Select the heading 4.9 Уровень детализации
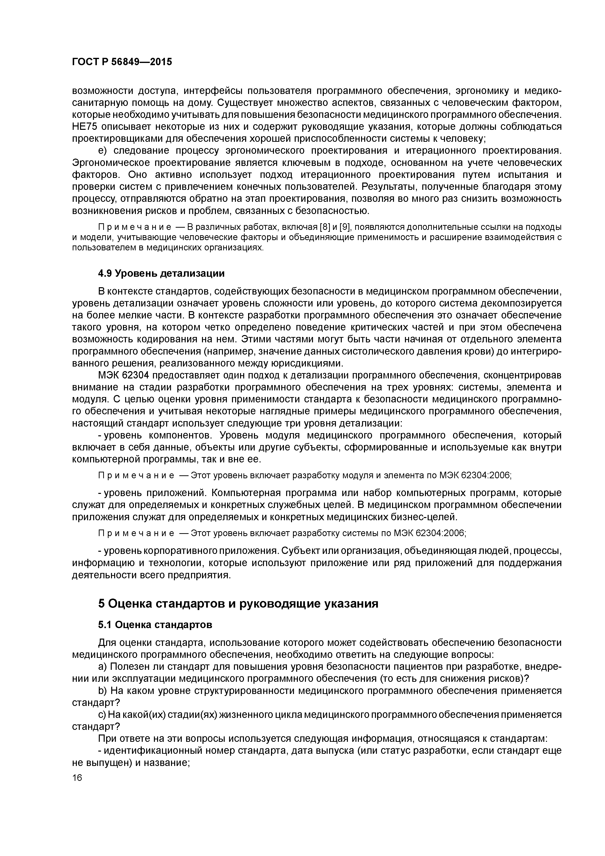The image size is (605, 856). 161,273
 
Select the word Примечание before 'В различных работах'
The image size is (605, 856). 136,227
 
